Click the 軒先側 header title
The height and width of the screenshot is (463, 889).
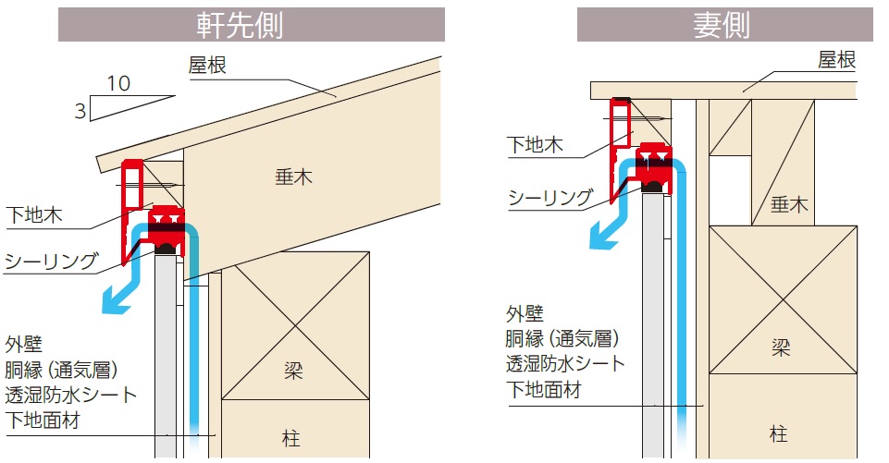coord(240,26)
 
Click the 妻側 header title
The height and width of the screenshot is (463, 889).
coord(722,26)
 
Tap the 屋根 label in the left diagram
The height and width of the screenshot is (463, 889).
coord(207,66)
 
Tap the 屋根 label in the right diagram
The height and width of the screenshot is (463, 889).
coord(836,59)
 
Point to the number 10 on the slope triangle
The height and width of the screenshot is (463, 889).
coord(119,84)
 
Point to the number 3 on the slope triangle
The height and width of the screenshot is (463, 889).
coord(80,111)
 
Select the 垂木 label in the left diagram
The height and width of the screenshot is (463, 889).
coord(293,177)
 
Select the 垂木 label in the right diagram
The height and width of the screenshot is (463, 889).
coord(789,204)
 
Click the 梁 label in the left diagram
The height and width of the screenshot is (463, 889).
coord(293,372)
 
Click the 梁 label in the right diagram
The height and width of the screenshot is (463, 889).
coord(780,347)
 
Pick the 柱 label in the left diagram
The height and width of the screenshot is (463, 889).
coord(290,438)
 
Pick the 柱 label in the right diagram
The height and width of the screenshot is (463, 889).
coord(778,434)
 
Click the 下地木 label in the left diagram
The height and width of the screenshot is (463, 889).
coord(34,215)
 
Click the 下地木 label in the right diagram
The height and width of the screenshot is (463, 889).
coord(536,145)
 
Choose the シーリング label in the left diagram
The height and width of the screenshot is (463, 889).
coord(52,262)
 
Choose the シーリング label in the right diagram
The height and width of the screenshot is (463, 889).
coord(550,198)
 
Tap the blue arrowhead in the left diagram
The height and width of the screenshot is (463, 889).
coord(116,299)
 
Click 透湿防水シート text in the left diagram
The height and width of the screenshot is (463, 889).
coord(71,395)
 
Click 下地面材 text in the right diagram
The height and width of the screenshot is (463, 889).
coord(544,389)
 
